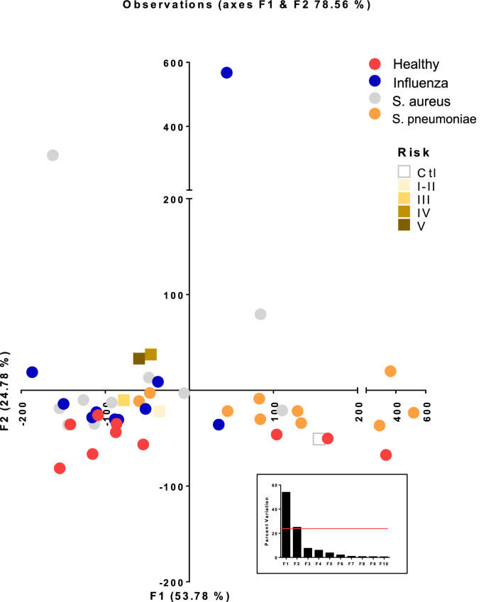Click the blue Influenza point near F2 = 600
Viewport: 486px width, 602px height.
click(x=226, y=72)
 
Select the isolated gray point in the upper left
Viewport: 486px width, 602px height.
click(x=53, y=155)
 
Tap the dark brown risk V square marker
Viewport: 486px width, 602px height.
click(x=139, y=359)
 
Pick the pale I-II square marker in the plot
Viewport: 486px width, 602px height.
click(x=160, y=411)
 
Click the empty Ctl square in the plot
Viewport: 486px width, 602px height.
click(x=319, y=439)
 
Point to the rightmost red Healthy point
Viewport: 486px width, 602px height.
click(x=386, y=455)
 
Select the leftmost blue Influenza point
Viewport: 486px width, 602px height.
click(x=32, y=372)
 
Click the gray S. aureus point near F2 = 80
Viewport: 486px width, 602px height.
click(x=260, y=314)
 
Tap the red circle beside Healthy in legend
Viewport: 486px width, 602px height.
click(x=376, y=63)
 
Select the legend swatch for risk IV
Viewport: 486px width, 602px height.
click(x=404, y=212)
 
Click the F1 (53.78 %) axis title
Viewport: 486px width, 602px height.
click(x=189, y=595)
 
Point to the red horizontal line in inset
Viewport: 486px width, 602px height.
click(x=341, y=528)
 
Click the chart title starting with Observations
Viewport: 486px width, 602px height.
click(x=246, y=5)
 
